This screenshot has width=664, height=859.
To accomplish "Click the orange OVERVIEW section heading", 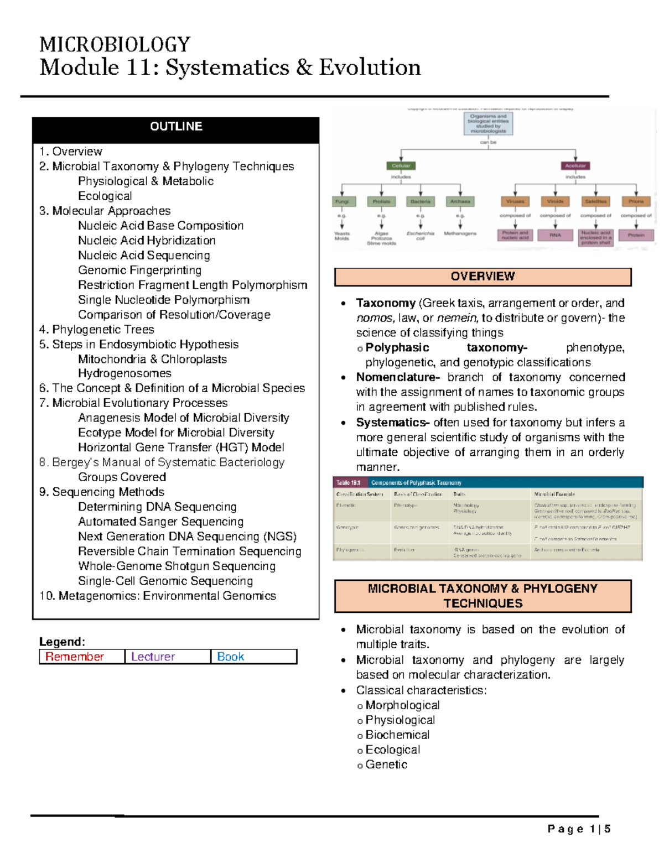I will pos(483,277).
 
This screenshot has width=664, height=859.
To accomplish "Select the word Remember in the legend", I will pos(75,657).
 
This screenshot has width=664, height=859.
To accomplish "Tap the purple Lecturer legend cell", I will pos(153,657).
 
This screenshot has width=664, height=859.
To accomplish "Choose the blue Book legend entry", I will pos(230,657).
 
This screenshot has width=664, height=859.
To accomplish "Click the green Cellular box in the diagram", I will pos(401,165).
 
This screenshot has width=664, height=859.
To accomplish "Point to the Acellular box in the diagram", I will pos(575,165).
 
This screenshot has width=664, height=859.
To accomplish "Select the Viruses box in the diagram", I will pos(515,201).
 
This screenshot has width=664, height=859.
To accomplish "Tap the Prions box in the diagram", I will pos(636,201).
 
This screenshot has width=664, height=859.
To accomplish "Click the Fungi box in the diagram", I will pos(342,201).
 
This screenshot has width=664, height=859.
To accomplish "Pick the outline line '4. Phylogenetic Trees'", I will pos(97,330).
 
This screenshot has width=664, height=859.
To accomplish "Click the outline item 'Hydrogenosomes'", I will pos(124,373).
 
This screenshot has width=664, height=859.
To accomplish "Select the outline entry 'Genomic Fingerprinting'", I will pos(139,270).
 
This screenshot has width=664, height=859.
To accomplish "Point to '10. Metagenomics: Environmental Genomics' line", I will pos(158,596).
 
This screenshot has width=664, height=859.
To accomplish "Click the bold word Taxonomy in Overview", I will pos(386,303).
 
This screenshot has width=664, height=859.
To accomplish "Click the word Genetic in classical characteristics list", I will pos(386,764).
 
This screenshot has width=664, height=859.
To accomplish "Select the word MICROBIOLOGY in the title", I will pos(115,44).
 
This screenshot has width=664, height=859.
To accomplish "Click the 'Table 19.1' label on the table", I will pos(349,483).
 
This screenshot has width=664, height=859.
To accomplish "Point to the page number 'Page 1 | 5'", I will pos(579,829).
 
